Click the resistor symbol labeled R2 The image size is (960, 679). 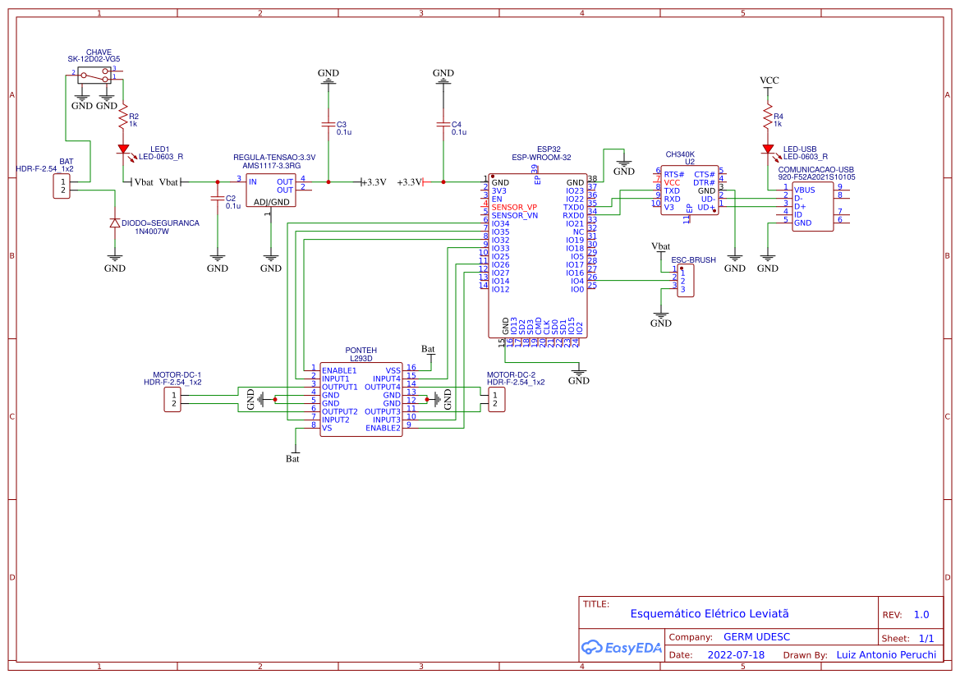[123, 120]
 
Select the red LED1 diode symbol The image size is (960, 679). [123, 149]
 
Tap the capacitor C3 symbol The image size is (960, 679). [328, 126]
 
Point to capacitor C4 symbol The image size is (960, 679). [443, 126]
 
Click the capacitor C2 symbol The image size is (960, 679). [217, 200]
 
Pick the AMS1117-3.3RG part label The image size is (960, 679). [271, 165]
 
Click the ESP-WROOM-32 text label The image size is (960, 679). [541, 157]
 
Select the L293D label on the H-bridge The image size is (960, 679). [361, 359]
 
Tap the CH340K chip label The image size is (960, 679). [680, 154]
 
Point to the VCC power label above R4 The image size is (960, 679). [769, 80]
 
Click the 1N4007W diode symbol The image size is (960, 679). [115, 223]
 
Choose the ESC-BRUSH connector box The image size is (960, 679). [686, 281]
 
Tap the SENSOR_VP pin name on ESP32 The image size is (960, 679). [514, 207]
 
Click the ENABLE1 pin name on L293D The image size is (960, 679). [339, 370]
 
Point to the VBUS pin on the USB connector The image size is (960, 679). [805, 190]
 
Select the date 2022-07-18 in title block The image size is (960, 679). [736, 655]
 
